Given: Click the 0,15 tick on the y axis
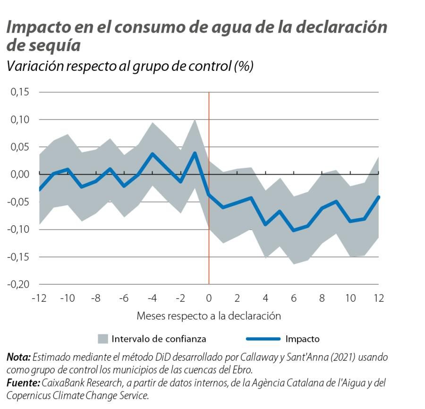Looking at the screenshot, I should pos(20,92).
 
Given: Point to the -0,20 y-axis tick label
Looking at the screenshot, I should pos(19,284).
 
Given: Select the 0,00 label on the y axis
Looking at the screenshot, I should pos(20,174).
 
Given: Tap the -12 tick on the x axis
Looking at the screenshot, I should pos(39,298).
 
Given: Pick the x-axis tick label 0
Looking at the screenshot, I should pos(209,298).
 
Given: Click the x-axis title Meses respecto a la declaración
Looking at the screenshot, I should pos(209,315).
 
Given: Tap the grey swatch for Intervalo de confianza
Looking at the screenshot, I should pos(103,339).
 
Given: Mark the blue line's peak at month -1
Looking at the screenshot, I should pos(195,153).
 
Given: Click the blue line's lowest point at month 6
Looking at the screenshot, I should pos(294,230).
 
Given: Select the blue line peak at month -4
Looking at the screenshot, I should pos(152,153).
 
